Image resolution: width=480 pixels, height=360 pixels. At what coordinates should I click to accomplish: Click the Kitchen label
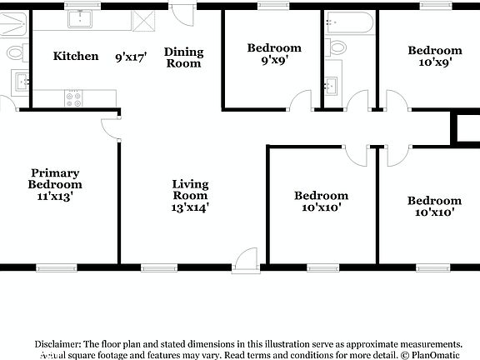point(77,56)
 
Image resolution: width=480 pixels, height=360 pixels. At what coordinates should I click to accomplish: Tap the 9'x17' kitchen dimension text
point(131,57)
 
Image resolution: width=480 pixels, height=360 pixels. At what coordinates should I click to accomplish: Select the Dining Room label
point(183,57)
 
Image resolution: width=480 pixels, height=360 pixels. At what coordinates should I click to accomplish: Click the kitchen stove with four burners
point(74,97)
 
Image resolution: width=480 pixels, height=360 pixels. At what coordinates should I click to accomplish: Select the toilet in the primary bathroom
point(15,53)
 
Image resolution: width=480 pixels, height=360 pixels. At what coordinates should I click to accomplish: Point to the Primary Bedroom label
point(55,185)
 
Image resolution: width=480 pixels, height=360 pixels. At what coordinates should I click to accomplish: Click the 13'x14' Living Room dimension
point(190,207)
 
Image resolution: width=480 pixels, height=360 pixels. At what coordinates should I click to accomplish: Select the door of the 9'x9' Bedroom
point(298,101)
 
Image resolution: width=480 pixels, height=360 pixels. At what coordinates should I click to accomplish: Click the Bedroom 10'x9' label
point(434,56)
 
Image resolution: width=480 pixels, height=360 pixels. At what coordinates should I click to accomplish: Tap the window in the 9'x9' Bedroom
point(272,6)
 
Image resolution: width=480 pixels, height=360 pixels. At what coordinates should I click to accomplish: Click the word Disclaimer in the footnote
point(57,343)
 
